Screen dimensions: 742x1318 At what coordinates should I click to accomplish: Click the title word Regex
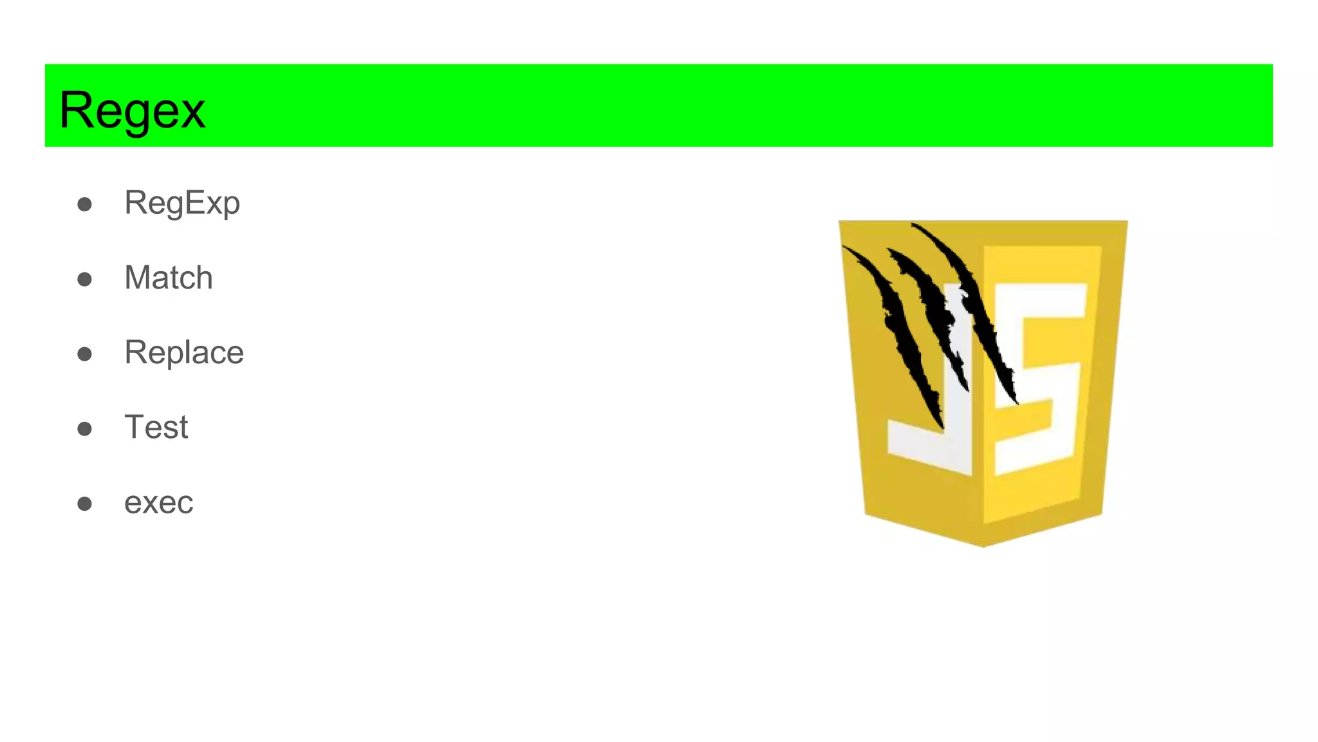tap(132, 110)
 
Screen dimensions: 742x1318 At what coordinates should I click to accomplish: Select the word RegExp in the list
tap(182, 203)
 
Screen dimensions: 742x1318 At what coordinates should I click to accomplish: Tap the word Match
tap(169, 278)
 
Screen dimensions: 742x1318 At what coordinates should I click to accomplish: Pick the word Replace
tap(184, 352)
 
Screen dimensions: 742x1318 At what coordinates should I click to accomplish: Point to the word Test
tap(156, 427)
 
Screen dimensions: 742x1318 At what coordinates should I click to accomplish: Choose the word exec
tap(158, 502)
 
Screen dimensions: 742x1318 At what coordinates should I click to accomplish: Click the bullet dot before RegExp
tap(84, 205)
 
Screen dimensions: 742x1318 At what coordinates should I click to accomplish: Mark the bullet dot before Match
tap(84, 280)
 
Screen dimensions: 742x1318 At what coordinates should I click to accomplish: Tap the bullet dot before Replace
tap(84, 354)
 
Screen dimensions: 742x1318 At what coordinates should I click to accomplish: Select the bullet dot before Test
tap(84, 429)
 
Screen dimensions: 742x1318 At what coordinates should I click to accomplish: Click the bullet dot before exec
tap(84, 504)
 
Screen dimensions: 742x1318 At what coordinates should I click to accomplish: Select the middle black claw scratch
tap(933, 309)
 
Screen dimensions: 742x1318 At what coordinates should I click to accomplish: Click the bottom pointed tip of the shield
tap(983, 545)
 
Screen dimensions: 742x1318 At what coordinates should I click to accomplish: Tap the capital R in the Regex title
tap(76, 110)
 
